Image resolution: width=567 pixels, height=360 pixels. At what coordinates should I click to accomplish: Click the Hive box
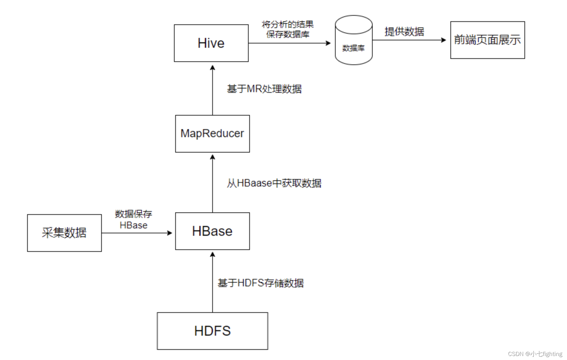click(211, 43)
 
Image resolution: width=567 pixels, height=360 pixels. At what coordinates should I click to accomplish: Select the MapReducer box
click(212, 134)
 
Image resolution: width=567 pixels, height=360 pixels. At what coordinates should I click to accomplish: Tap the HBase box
click(212, 231)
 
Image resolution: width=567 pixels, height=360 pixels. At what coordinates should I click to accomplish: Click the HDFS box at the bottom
click(212, 331)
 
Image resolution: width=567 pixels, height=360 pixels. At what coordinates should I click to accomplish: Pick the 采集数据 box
click(64, 233)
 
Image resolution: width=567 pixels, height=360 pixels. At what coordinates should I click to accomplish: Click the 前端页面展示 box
click(487, 40)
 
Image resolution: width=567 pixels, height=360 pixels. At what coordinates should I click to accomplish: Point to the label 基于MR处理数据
click(264, 89)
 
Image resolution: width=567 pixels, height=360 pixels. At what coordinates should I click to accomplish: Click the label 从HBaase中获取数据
click(274, 183)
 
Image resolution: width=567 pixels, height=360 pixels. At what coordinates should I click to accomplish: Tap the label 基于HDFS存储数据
click(261, 283)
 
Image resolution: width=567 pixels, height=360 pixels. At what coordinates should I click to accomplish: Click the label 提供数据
click(404, 31)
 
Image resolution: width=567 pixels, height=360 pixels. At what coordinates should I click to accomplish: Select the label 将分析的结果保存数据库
click(288, 29)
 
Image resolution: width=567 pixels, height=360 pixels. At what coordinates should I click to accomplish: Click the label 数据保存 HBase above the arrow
click(133, 219)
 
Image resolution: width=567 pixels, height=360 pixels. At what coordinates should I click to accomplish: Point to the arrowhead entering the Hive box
click(213, 67)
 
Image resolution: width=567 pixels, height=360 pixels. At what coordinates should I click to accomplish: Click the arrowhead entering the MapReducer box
click(213, 157)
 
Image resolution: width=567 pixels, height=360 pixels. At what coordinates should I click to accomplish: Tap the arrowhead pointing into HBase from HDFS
click(213, 254)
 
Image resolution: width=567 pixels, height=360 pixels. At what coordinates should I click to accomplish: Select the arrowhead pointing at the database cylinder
click(329, 43)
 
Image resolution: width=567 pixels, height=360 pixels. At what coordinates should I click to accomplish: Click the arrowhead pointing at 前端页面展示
click(444, 40)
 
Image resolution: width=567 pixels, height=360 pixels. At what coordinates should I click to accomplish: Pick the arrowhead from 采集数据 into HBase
click(170, 233)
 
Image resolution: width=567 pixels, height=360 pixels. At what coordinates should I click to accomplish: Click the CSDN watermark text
click(535, 354)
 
